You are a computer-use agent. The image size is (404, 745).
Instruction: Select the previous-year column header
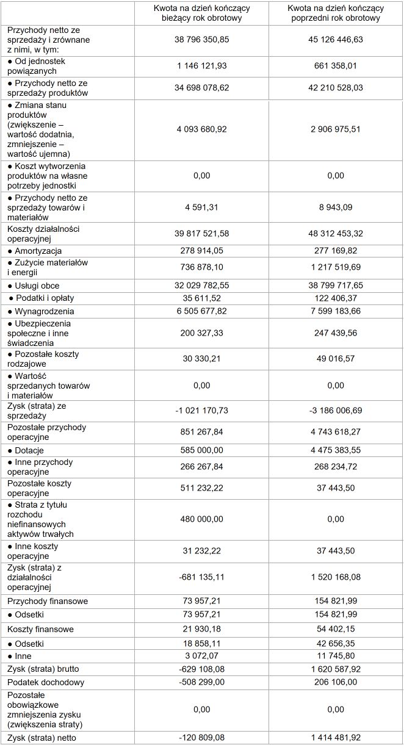coord(334,13)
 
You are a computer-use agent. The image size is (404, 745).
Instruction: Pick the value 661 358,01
coord(334,66)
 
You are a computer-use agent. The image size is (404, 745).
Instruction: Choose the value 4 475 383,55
coord(334,450)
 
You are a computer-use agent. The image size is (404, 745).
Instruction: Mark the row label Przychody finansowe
coord(48,601)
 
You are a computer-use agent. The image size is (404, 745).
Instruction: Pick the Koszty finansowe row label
coord(41,629)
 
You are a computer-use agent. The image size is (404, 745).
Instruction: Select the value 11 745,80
coord(334,656)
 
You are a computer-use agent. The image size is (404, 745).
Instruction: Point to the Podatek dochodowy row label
coord(46,682)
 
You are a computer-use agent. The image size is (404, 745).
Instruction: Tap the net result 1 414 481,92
coord(334,738)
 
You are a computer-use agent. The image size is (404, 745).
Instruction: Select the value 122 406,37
coord(334,298)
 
